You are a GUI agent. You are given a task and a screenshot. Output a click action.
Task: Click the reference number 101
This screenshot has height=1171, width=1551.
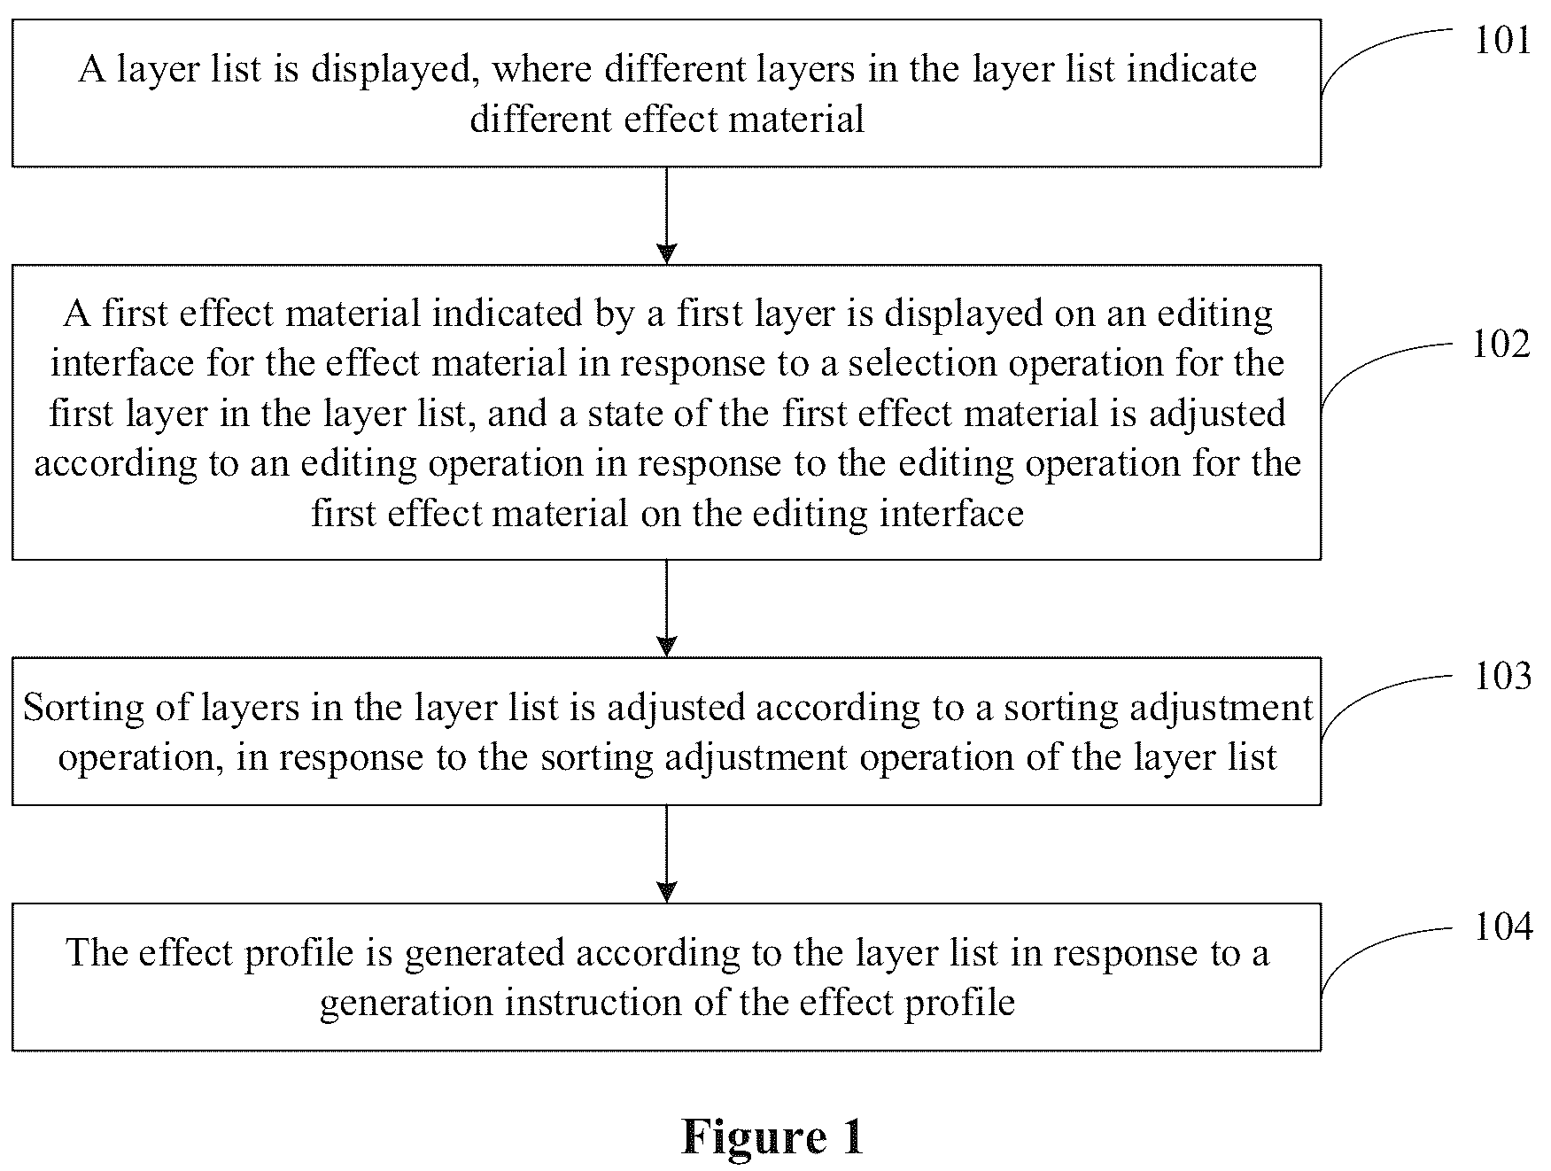click(x=1502, y=41)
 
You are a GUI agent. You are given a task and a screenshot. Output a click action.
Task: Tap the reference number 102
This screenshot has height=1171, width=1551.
click(x=1501, y=344)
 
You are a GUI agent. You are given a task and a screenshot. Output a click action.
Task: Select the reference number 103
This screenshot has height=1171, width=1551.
click(x=1502, y=677)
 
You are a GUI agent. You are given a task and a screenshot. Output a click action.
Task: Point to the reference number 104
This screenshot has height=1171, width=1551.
click(x=1502, y=927)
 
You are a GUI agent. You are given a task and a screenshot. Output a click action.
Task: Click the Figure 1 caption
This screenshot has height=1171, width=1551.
click(x=772, y=1136)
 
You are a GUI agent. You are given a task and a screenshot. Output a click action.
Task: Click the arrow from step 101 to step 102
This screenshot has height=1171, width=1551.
click(x=666, y=215)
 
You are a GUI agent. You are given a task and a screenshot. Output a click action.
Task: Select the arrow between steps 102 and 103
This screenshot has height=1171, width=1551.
click(x=666, y=609)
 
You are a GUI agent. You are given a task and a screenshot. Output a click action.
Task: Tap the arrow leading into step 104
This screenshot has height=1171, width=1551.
click(x=666, y=854)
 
